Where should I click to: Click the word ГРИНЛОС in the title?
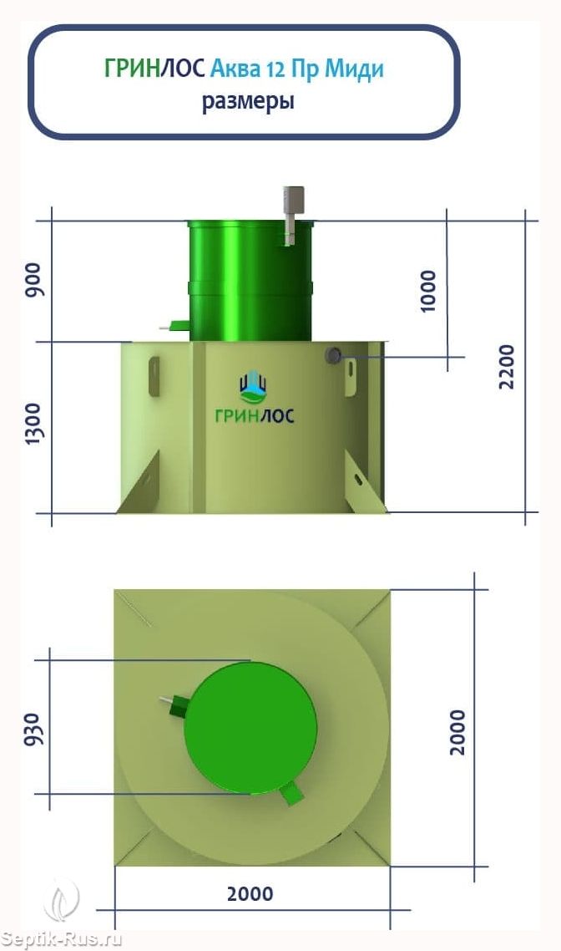[x=154, y=69]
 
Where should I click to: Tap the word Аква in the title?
[x=235, y=69]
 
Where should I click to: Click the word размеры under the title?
[x=248, y=101]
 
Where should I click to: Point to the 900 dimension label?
[x=35, y=280]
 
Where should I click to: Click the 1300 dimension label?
[x=34, y=424]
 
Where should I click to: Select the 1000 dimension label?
[x=427, y=291]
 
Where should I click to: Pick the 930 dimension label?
[x=34, y=729]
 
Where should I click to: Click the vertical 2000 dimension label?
[x=457, y=732]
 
